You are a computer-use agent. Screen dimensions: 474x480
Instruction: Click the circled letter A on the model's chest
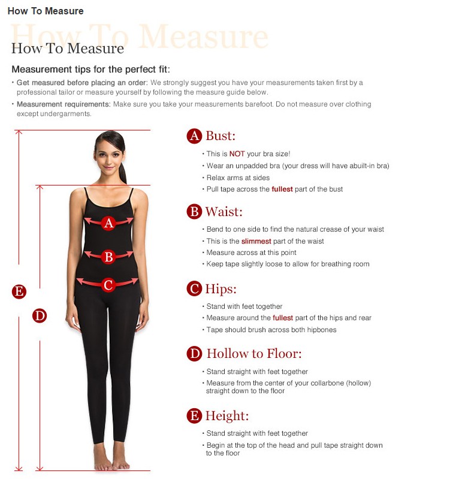pyautogui.click(x=108, y=223)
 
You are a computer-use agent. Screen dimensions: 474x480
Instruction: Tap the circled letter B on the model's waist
pyautogui.click(x=108, y=257)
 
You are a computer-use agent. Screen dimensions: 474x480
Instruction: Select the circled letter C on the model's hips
pyautogui.click(x=108, y=285)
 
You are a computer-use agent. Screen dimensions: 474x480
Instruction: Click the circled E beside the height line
pyautogui.click(x=19, y=291)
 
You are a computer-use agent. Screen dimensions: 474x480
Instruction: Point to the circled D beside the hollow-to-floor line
pyautogui.click(x=40, y=315)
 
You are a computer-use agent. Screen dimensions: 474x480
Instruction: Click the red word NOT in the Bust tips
pyautogui.click(x=237, y=154)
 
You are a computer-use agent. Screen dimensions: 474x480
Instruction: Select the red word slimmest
pyautogui.click(x=256, y=241)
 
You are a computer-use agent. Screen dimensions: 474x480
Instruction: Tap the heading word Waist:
pyautogui.click(x=224, y=211)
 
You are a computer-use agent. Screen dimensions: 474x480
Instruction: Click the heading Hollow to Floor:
pyautogui.click(x=254, y=354)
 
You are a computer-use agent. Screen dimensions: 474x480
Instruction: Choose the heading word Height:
pyautogui.click(x=227, y=416)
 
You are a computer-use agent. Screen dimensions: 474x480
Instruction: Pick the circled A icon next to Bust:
pyautogui.click(x=194, y=136)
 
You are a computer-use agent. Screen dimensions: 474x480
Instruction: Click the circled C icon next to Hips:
pyautogui.click(x=194, y=288)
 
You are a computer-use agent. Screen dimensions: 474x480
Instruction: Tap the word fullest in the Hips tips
pyautogui.click(x=283, y=318)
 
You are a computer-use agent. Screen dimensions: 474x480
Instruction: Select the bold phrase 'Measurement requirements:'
pyautogui.click(x=64, y=104)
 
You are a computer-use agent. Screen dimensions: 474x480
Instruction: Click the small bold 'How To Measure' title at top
pyautogui.click(x=46, y=11)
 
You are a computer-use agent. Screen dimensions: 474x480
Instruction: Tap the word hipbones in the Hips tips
pyautogui.click(x=321, y=330)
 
